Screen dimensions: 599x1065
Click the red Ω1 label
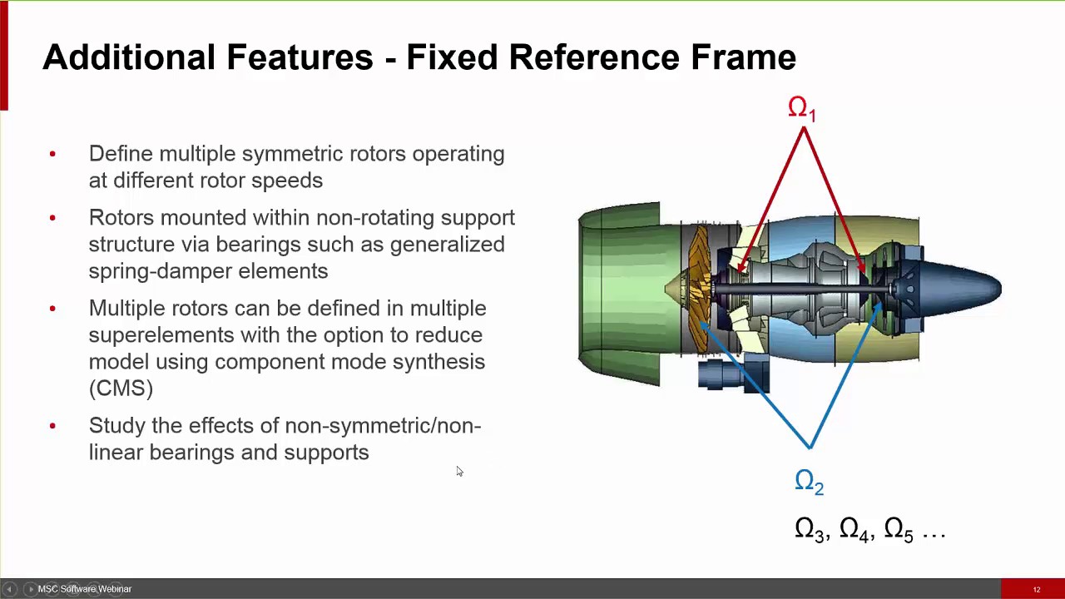point(802,109)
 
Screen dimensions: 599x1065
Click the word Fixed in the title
point(452,57)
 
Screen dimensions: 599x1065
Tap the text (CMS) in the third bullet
point(121,389)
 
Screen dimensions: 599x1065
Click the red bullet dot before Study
point(52,426)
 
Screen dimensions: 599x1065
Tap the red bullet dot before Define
point(52,154)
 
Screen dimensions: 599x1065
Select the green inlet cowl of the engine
point(620,291)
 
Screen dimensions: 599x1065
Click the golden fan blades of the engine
point(696,275)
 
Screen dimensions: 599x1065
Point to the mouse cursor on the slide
point(458,471)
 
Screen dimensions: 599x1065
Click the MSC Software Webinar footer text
point(84,589)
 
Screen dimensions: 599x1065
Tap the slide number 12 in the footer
point(1037,590)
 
